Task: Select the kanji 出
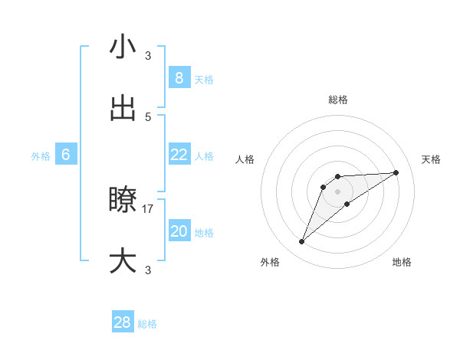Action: click(x=123, y=109)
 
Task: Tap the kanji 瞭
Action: click(x=123, y=201)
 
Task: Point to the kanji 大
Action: click(x=123, y=261)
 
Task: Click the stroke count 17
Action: click(x=148, y=208)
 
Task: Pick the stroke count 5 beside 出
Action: click(x=148, y=116)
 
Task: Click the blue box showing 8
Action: click(x=179, y=78)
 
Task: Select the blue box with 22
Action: click(x=179, y=155)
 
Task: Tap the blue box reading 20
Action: click(x=179, y=231)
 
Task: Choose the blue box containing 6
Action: click(x=66, y=155)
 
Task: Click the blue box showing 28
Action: click(x=123, y=322)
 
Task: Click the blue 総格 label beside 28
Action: click(x=147, y=324)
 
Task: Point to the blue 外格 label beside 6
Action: click(x=41, y=156)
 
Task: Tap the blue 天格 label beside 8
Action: click(x=203, y=80)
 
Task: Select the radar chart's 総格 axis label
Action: click(x=338, y=100)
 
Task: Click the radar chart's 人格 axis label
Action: click(x=245, y=159)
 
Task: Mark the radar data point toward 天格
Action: click(x=396, y=172)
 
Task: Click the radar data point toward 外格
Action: click(x=302, y=242)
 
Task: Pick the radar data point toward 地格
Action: click(x=347, y=203)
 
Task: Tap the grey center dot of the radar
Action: click(x=338, y=191)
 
